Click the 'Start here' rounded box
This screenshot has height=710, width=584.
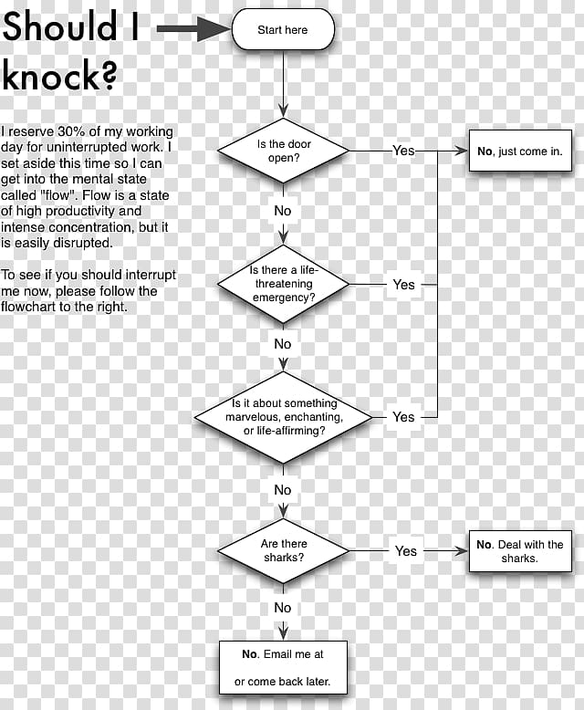pos(283,29)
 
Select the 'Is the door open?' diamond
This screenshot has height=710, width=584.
pos(284,151)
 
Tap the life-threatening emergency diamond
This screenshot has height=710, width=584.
pos(284,284)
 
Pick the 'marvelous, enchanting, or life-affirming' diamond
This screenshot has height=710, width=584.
pos(284,417)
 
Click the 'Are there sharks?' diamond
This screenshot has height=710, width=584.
pos(284,550)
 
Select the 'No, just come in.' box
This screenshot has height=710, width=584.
pos(520,151)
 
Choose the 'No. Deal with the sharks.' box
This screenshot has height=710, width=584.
pos(520,551)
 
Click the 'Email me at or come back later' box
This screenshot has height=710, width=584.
pos(284,667)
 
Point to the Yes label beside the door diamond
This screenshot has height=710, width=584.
pos(403,151)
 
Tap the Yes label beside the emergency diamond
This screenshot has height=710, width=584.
pos(404,285)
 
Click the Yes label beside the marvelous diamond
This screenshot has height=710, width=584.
pos(403,416)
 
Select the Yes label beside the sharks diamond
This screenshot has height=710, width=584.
pos(406,550)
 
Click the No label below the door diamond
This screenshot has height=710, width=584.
pos(283,211)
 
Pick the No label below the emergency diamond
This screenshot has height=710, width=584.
pos(283,344)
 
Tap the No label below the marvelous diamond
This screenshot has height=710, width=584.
pos(283,489)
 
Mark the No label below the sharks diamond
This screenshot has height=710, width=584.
pos(283,607)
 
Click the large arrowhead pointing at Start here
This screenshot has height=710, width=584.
pos(214,29)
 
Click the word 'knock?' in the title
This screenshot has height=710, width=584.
pos(59,75)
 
